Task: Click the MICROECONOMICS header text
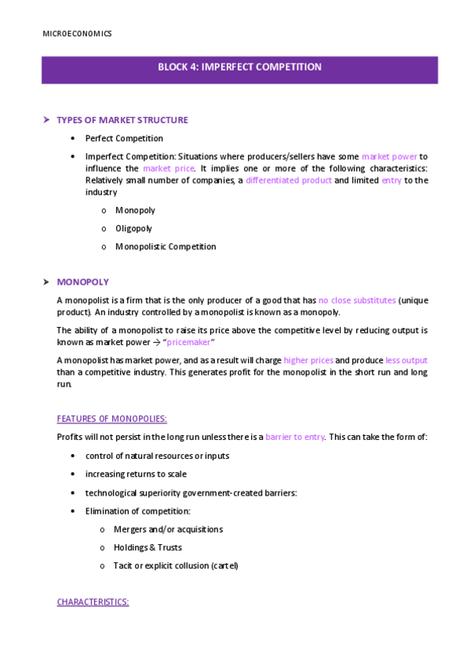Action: (x=76, y=34)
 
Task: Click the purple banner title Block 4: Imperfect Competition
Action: (x=239, y=67)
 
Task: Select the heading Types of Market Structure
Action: (x=122, y=120)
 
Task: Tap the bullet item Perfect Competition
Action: (x=124, y=138)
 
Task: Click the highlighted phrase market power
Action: (x=389, y=156)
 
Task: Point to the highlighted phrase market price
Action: (x=169, y=168)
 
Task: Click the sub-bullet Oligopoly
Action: (x=133, y=228)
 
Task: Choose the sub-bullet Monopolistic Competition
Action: (x=166, y=246)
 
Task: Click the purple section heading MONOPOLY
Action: (x=82, y=282)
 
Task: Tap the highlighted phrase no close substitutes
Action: (x=357, y=300)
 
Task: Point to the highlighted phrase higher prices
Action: (x=308, y=360)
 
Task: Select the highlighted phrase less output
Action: (x=406, y=360)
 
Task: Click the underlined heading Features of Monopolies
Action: (x=111, y=418)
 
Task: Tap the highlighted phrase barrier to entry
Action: (x=294, y=436)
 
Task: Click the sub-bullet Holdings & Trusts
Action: (x=148, y=547)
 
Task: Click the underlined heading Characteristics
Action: (x=93, y=602)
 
